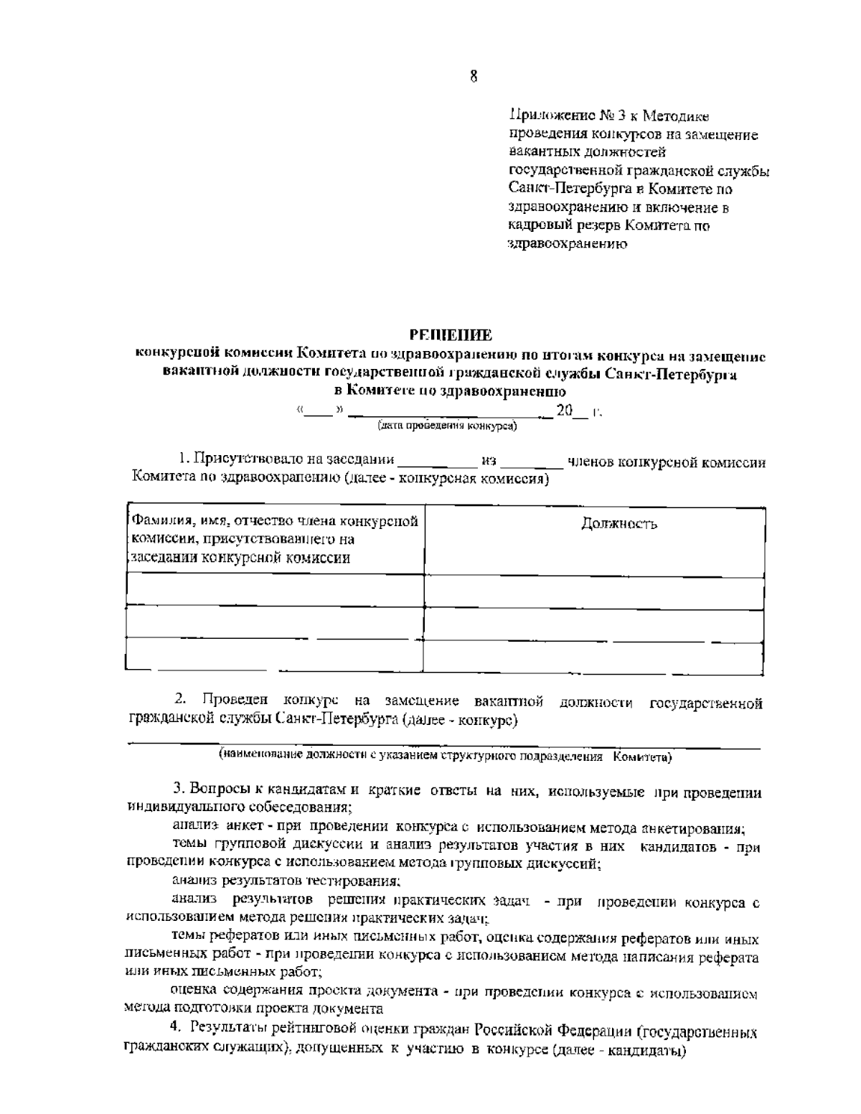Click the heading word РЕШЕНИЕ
451,334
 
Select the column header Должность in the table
618,524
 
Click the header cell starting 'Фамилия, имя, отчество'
273,540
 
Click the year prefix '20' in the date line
565,411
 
